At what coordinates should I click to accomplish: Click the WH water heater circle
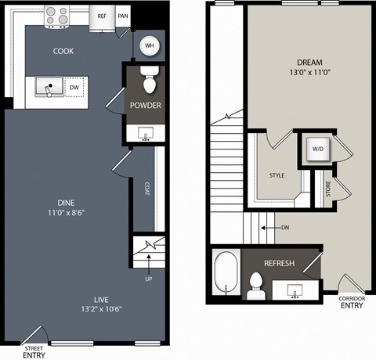tap(149, 45)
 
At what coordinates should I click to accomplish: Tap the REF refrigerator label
tap(102, 16)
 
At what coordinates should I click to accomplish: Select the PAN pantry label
tap(123, 16)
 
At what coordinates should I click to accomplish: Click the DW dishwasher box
tap(74, 88)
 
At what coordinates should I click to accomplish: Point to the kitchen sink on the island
tap(49, 87)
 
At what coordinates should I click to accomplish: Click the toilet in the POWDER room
tap(150, 80)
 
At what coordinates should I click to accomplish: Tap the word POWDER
tap(146, 106)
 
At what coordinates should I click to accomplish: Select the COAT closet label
tap(147, 189)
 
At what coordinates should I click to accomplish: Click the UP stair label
tap(149, 279)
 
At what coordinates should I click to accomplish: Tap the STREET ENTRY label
tap(34, 352)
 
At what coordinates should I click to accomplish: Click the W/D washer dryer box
tap(318, 149)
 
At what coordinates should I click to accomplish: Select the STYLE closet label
tap(277, 175)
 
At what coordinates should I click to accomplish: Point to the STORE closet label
tap(328, 189)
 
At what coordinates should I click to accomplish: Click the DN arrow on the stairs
tap(271, 228)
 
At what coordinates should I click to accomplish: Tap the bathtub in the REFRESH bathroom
tap(226, 273)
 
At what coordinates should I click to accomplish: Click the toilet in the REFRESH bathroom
tap(256, 286)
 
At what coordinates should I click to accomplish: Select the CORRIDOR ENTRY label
tap(352, 302)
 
